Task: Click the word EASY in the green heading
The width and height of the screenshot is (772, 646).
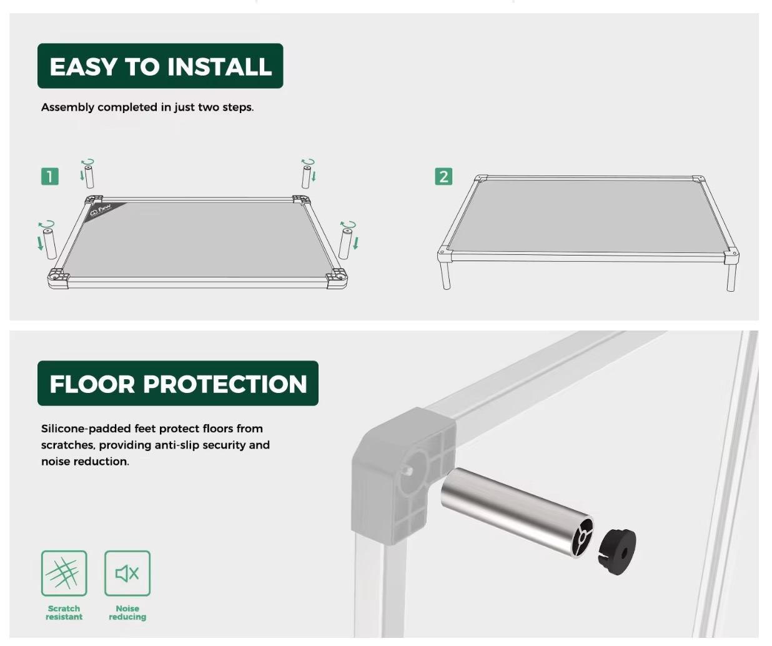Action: coord(83,67)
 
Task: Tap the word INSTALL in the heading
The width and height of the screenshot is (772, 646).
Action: coord(220,67)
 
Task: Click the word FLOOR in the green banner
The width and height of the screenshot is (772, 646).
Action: coord(92,384)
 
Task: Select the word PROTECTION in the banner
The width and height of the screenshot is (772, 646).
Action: coord(225,384)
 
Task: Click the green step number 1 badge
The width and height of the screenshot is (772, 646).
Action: coord(49,176)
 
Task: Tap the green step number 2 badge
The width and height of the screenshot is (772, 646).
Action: coord(443,176)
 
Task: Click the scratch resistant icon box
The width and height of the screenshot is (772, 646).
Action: coord(64,574)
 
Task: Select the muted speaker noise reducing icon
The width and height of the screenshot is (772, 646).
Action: coord(127,574)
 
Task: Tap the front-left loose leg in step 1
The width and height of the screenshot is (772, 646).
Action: coord(49,244)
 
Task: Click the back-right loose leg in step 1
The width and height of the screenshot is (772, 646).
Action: coord(307,177)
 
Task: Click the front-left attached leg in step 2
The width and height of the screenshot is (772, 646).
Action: coord(445,276)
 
